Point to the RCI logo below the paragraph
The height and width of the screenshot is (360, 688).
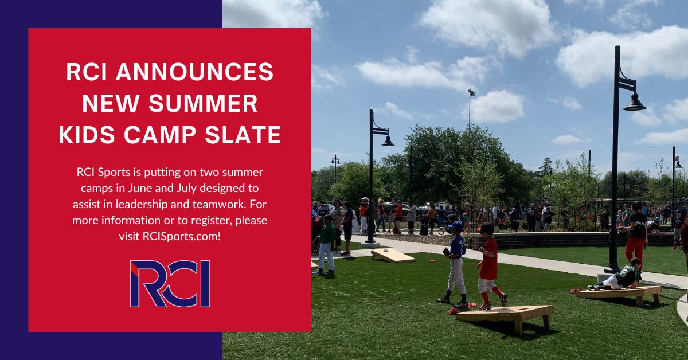pos(170,284)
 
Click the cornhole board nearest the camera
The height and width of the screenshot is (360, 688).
pos(505,314)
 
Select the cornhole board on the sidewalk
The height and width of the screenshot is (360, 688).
pos(393,255)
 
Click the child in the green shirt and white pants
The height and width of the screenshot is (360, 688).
pos(327,243)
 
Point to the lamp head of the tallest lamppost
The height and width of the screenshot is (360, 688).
pos(634,103)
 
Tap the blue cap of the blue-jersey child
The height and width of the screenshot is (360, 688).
pos(456,226)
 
